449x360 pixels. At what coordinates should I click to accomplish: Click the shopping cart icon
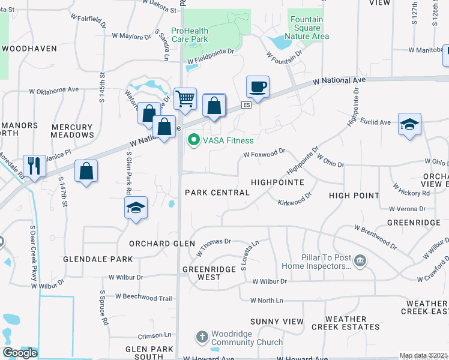(185, 98)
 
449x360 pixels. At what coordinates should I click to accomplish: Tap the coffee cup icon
(258, 86)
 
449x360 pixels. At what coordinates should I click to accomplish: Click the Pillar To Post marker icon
(360, 260)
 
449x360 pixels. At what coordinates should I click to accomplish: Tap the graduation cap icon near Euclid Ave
(409, 124)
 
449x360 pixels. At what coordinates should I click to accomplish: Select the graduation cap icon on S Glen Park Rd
(136, 208)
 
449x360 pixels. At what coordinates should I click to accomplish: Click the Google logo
(20, 353)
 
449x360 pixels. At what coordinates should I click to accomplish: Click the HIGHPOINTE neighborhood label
(277, 182)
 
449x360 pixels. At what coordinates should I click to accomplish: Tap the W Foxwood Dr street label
(264, 154)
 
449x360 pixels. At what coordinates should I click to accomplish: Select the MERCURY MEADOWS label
(72, 131)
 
